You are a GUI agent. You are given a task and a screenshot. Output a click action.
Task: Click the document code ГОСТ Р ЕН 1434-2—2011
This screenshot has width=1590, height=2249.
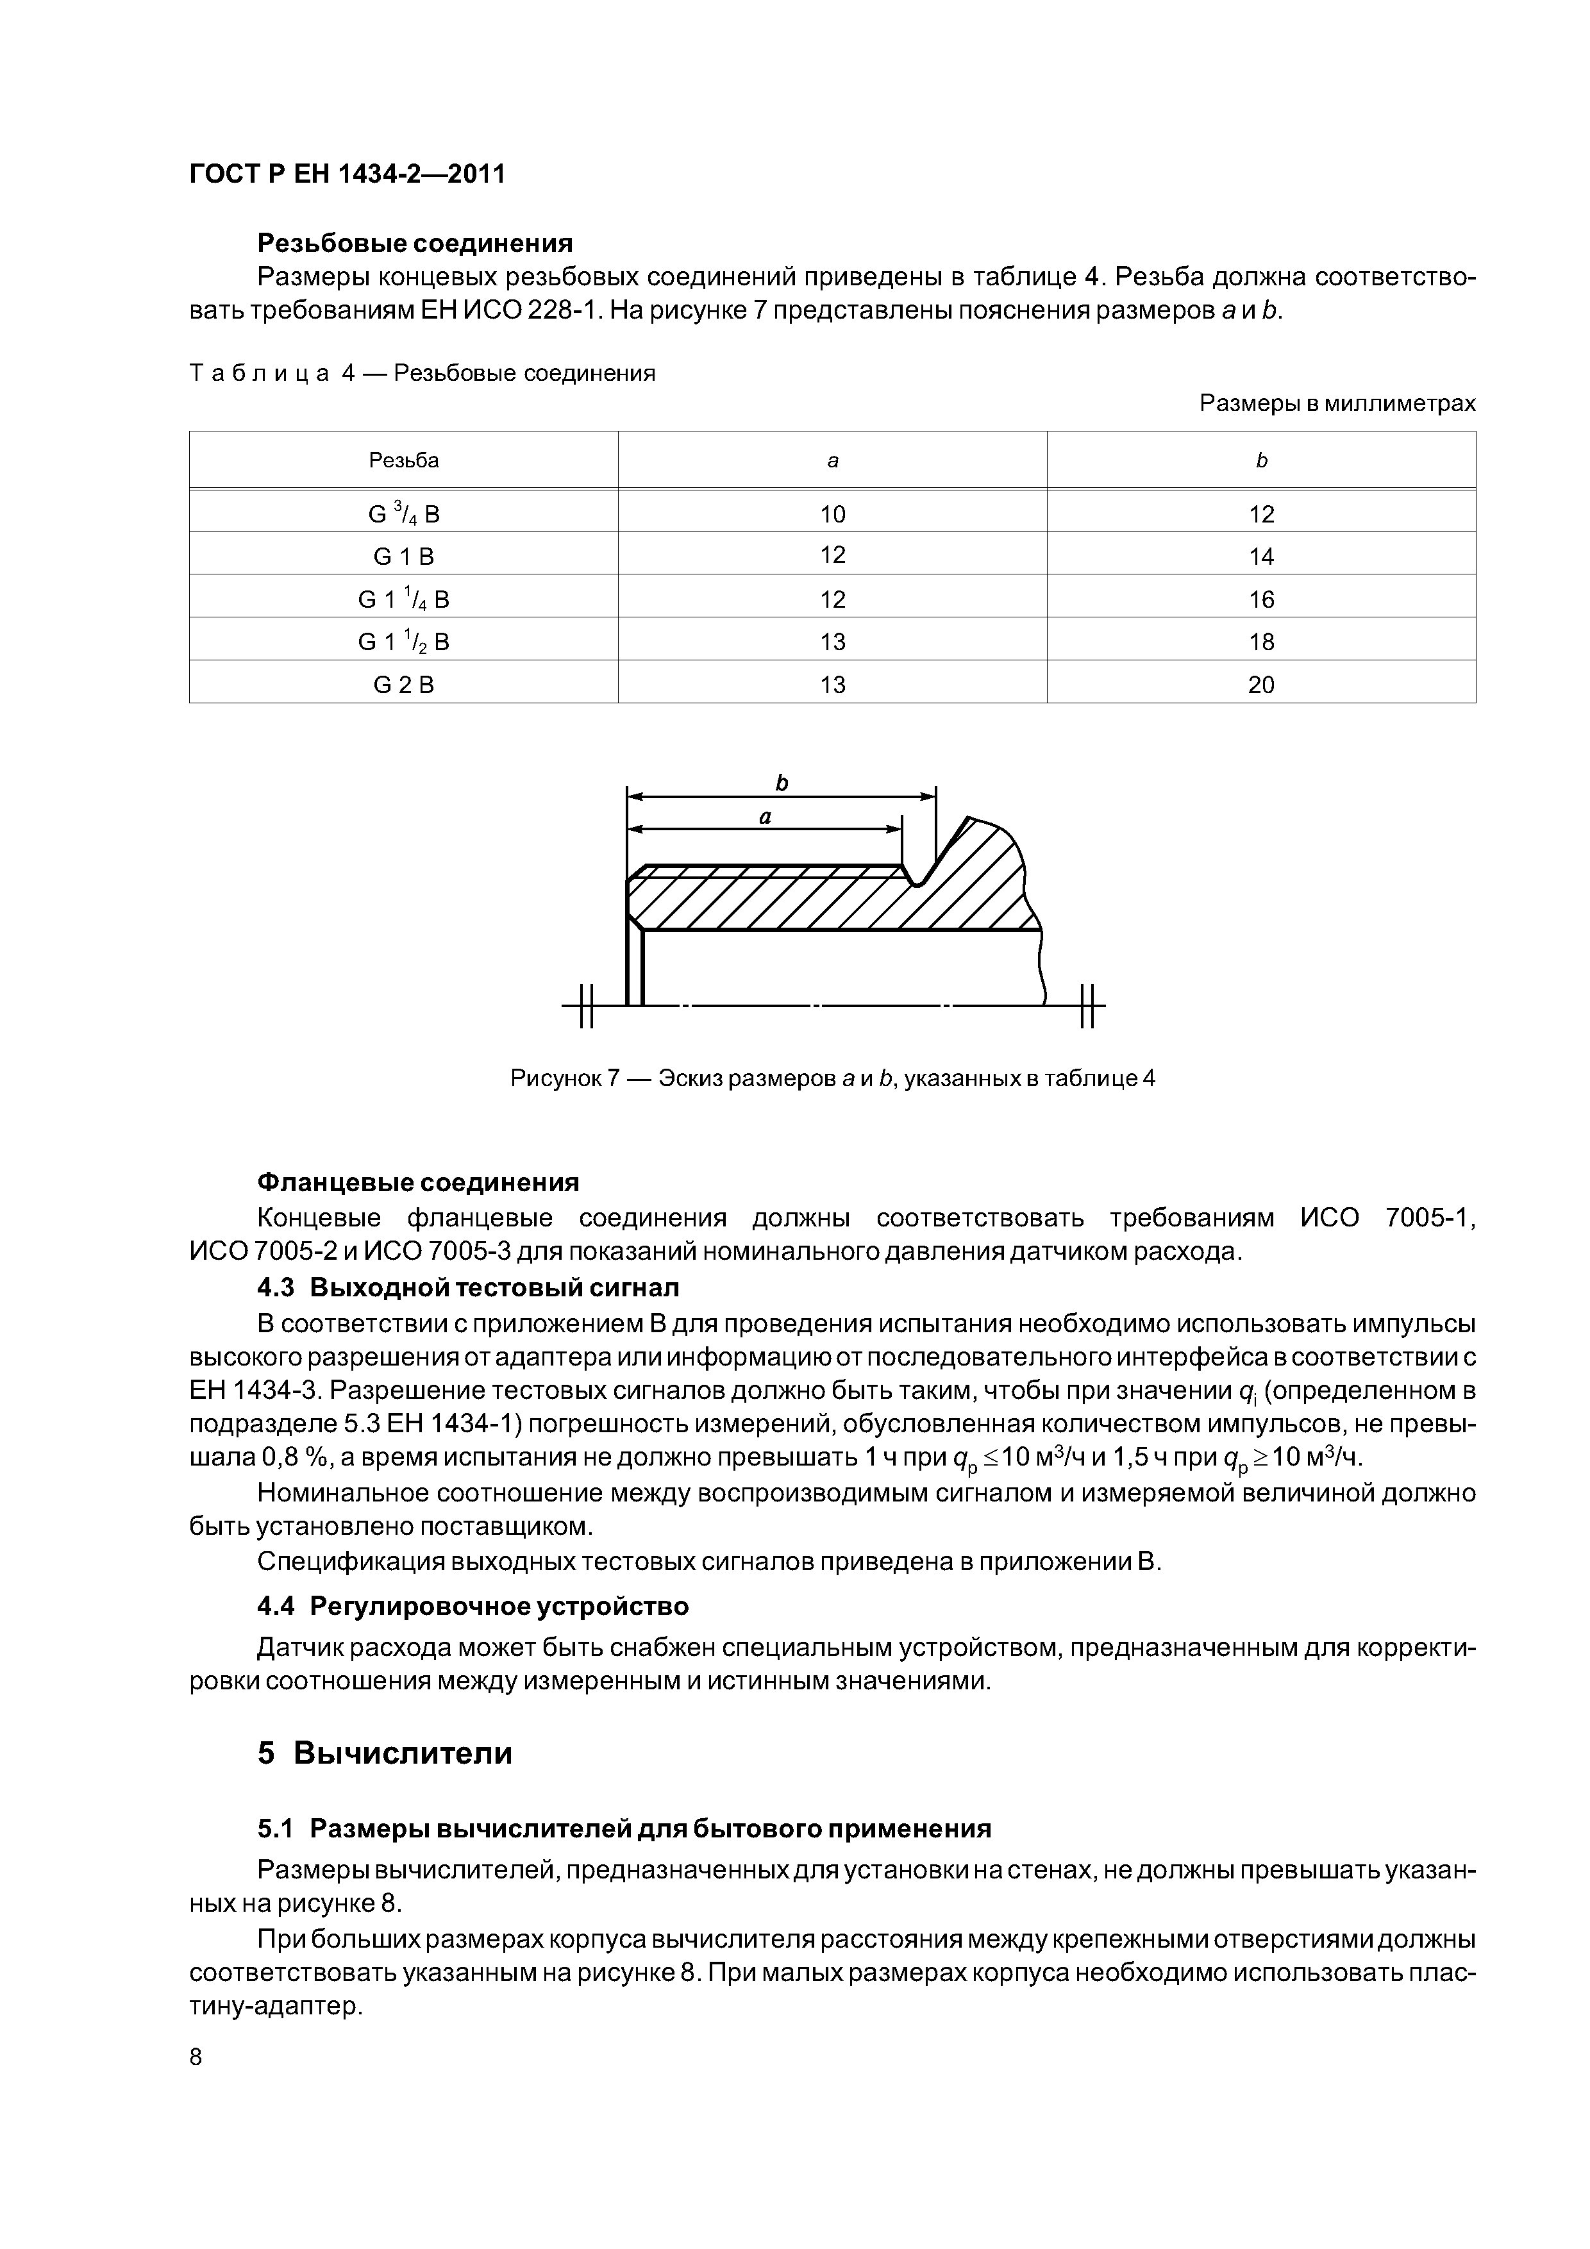(x=347, y=174)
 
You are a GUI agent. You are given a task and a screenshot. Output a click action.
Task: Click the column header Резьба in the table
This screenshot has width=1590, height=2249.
(x=404, y=460)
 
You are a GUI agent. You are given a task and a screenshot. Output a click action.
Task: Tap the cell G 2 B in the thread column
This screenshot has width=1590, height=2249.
(x=404, y=685)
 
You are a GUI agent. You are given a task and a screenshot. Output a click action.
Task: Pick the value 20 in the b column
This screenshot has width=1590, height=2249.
(x=1261, y=685)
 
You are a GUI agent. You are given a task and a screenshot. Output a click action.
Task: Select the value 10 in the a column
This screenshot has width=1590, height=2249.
(x=833, y=514)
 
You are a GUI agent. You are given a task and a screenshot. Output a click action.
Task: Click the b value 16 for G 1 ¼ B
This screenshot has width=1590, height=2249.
(x=1261, y=599)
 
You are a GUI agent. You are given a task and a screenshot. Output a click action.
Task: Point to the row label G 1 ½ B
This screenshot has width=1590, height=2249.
(x=404, y=642)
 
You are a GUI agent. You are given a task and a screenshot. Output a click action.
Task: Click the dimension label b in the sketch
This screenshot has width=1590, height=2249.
(x=782, y=783)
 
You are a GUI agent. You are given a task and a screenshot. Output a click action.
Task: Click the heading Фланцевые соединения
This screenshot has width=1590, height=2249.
(x=418, y=1182)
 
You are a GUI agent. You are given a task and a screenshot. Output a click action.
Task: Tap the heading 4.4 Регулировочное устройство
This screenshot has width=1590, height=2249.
(x=473, y=1607)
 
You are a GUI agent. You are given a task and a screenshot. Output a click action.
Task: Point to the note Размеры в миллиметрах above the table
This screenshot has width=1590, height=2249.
(x=1337, y=403)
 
